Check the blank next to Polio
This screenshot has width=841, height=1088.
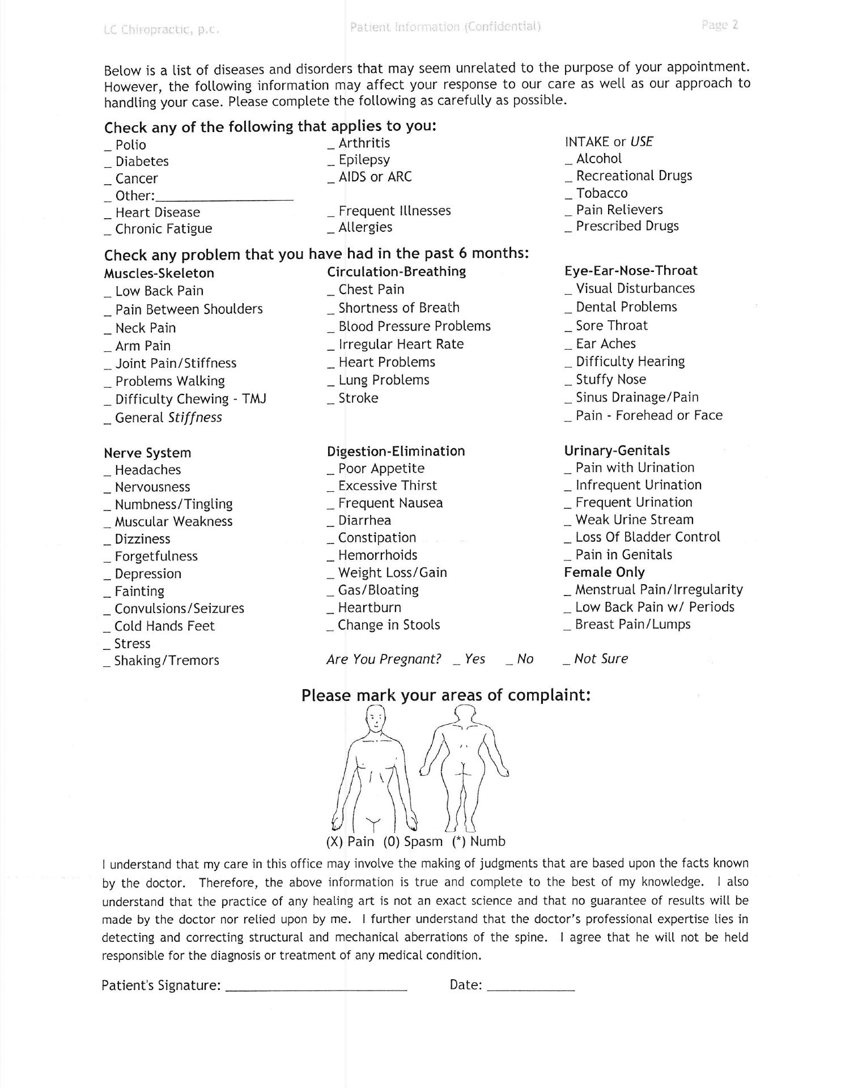coord(107,148)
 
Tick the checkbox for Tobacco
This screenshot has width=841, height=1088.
coord(568,197)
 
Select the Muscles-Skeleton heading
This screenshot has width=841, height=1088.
coord(159,273)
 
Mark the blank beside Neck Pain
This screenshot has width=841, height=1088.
coord(107,331)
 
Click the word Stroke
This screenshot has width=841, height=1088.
coord(358,398)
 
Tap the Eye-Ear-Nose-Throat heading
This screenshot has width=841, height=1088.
coord(631,270)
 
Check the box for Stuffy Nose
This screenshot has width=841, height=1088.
coord(568,383)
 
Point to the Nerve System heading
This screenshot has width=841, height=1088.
coord(147,453)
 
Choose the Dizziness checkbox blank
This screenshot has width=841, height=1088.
coord(107,543)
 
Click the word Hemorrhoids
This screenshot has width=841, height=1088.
coord(377,555)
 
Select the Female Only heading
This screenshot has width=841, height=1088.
coord(604,572)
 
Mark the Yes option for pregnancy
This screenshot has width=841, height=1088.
coord(457,662)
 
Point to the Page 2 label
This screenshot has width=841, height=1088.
coord(719,25)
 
